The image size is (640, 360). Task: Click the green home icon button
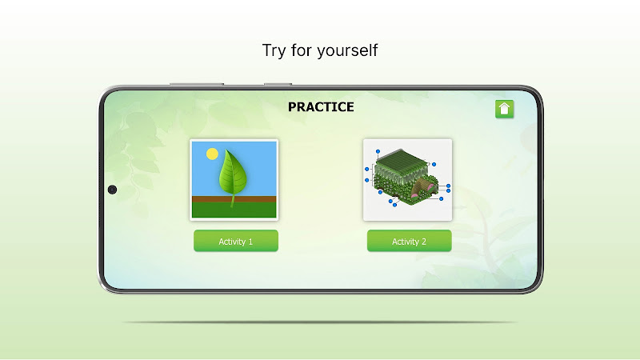click(x=504, y=109)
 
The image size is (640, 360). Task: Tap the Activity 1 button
click(x=236, y=241)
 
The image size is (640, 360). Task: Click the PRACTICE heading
click(x=321, y=107)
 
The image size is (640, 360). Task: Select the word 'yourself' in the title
click(x=347, y=50)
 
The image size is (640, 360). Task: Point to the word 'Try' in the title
click(x=274, y=51)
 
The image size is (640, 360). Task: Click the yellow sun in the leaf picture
click(x=212, y=154)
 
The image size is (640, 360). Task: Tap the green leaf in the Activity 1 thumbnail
click(x=232, y=173)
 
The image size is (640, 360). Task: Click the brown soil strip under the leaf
click(x=234, y=199)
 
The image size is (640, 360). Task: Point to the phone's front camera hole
click(x=112, y=190)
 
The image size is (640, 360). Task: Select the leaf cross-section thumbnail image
click(x=407, y=180)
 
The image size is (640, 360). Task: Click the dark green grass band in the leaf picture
click(x=234, y=210)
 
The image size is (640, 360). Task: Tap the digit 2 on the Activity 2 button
click(x=424, y=242)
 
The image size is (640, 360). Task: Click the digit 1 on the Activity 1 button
click(x=250, y=242)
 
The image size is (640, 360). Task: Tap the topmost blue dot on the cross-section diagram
click(x=378, y=151)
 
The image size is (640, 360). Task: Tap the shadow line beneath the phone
click(x=320, y=322)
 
